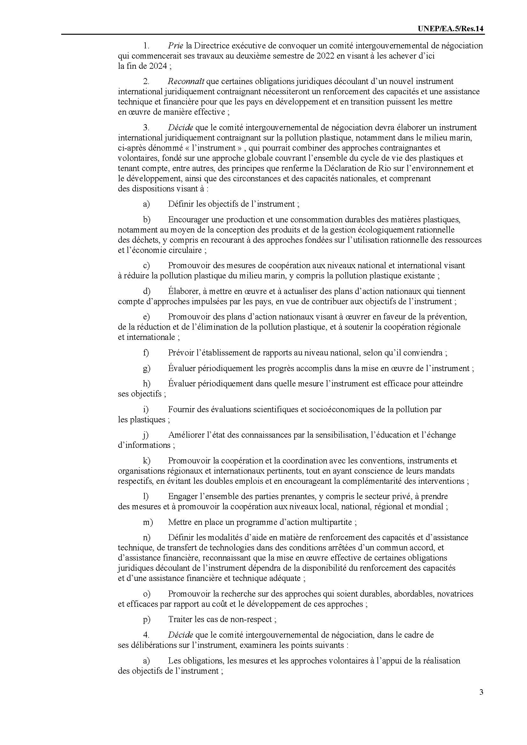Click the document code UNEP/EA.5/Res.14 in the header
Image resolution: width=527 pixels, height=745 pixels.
(451, 29)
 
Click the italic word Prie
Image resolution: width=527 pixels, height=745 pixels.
(176, 46)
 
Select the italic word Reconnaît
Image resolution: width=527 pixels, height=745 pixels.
(186, 81)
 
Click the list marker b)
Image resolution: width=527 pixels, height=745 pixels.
(146, 220)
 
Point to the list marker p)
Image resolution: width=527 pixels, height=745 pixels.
(146, 620)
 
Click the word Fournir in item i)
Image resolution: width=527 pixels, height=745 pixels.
(180, 410)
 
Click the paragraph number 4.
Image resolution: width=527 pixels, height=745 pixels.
(146, 635)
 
